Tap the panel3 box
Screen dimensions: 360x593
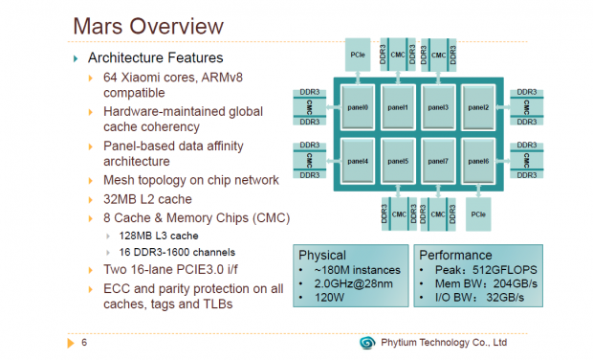(x=439, y=106)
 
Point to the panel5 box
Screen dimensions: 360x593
(x=399, y=161)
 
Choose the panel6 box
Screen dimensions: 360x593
(x=478, y=161)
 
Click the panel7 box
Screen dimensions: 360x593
(x=439, y=161)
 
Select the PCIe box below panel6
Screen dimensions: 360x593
(x=479, y=214)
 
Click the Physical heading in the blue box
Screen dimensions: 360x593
(x=322, y=256)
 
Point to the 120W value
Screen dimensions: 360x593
(x=327, y=300)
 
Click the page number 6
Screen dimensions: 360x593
(x=84, y=342)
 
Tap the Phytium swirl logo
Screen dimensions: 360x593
(x=366, y=342)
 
